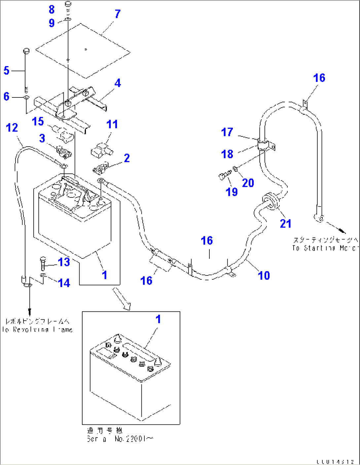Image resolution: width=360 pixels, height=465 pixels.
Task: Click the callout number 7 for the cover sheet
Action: coord(118,14)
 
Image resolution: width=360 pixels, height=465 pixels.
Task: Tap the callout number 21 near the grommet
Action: coord(286,224)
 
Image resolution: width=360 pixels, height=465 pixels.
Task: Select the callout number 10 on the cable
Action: coord(264,275)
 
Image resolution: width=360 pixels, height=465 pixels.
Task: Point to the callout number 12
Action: coord(12,128)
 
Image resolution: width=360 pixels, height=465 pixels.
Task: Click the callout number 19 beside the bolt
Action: coord(232,192)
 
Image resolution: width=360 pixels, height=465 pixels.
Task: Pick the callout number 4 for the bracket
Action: coord(118,83)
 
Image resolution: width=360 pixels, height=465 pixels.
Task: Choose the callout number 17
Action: coord(227,132)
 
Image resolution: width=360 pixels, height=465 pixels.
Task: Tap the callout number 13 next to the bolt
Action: coord(64,262)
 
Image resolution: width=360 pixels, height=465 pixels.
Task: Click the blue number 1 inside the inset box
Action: coord(158,319)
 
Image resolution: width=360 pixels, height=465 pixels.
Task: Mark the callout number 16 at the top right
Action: coord(319,78)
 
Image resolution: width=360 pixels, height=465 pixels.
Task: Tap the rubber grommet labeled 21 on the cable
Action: coord(270,201)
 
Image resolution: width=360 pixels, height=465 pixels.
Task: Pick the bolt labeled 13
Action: coord(43,263)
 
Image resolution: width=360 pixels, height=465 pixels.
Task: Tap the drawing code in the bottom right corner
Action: coord(335,461)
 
